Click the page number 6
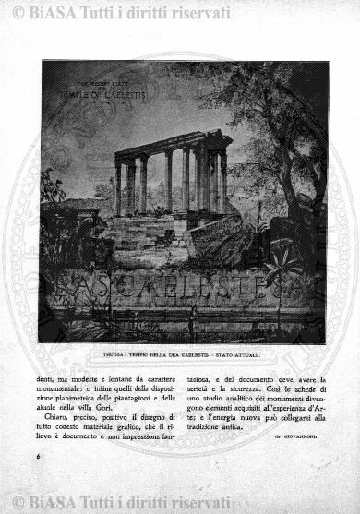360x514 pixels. [x=39, y=457]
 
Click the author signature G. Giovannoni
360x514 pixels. [x=296, y=436]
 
